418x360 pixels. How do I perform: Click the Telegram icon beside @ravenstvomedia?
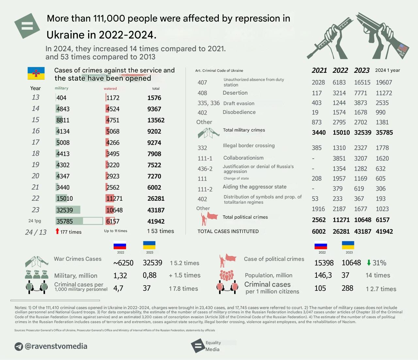(x=19, y=346)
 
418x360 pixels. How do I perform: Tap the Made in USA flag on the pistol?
(x=403, y=49)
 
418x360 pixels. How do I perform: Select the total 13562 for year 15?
(x=156, y=120)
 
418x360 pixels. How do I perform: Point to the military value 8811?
(x=63, y=120)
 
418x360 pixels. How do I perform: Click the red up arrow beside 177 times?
(x=57, y=231)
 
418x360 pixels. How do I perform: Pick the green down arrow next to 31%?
(x=369, y=262)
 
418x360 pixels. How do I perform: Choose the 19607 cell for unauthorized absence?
(x=384, y=83)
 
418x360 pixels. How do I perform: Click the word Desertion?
(x=235, y=93)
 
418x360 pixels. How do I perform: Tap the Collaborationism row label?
(x=243, y=158)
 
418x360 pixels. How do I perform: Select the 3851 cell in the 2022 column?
(x=339, y=158)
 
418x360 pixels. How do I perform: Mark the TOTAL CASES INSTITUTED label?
(x=228, y=231)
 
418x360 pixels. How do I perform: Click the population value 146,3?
(x=323, y=275)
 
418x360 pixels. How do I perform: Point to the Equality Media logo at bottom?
(x=198, y=346)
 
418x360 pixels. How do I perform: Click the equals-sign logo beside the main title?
(x=27, y=26)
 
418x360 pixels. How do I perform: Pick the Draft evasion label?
(x=239, y=103)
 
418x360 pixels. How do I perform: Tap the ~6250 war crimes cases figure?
(x=123, y=263)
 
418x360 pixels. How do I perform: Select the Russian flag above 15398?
(x=321, y=245)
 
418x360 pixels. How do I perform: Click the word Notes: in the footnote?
(x=21, y=307)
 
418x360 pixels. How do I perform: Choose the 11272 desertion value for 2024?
(x=384, y=93)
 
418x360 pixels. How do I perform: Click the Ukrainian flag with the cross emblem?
(x=36, y=73)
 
